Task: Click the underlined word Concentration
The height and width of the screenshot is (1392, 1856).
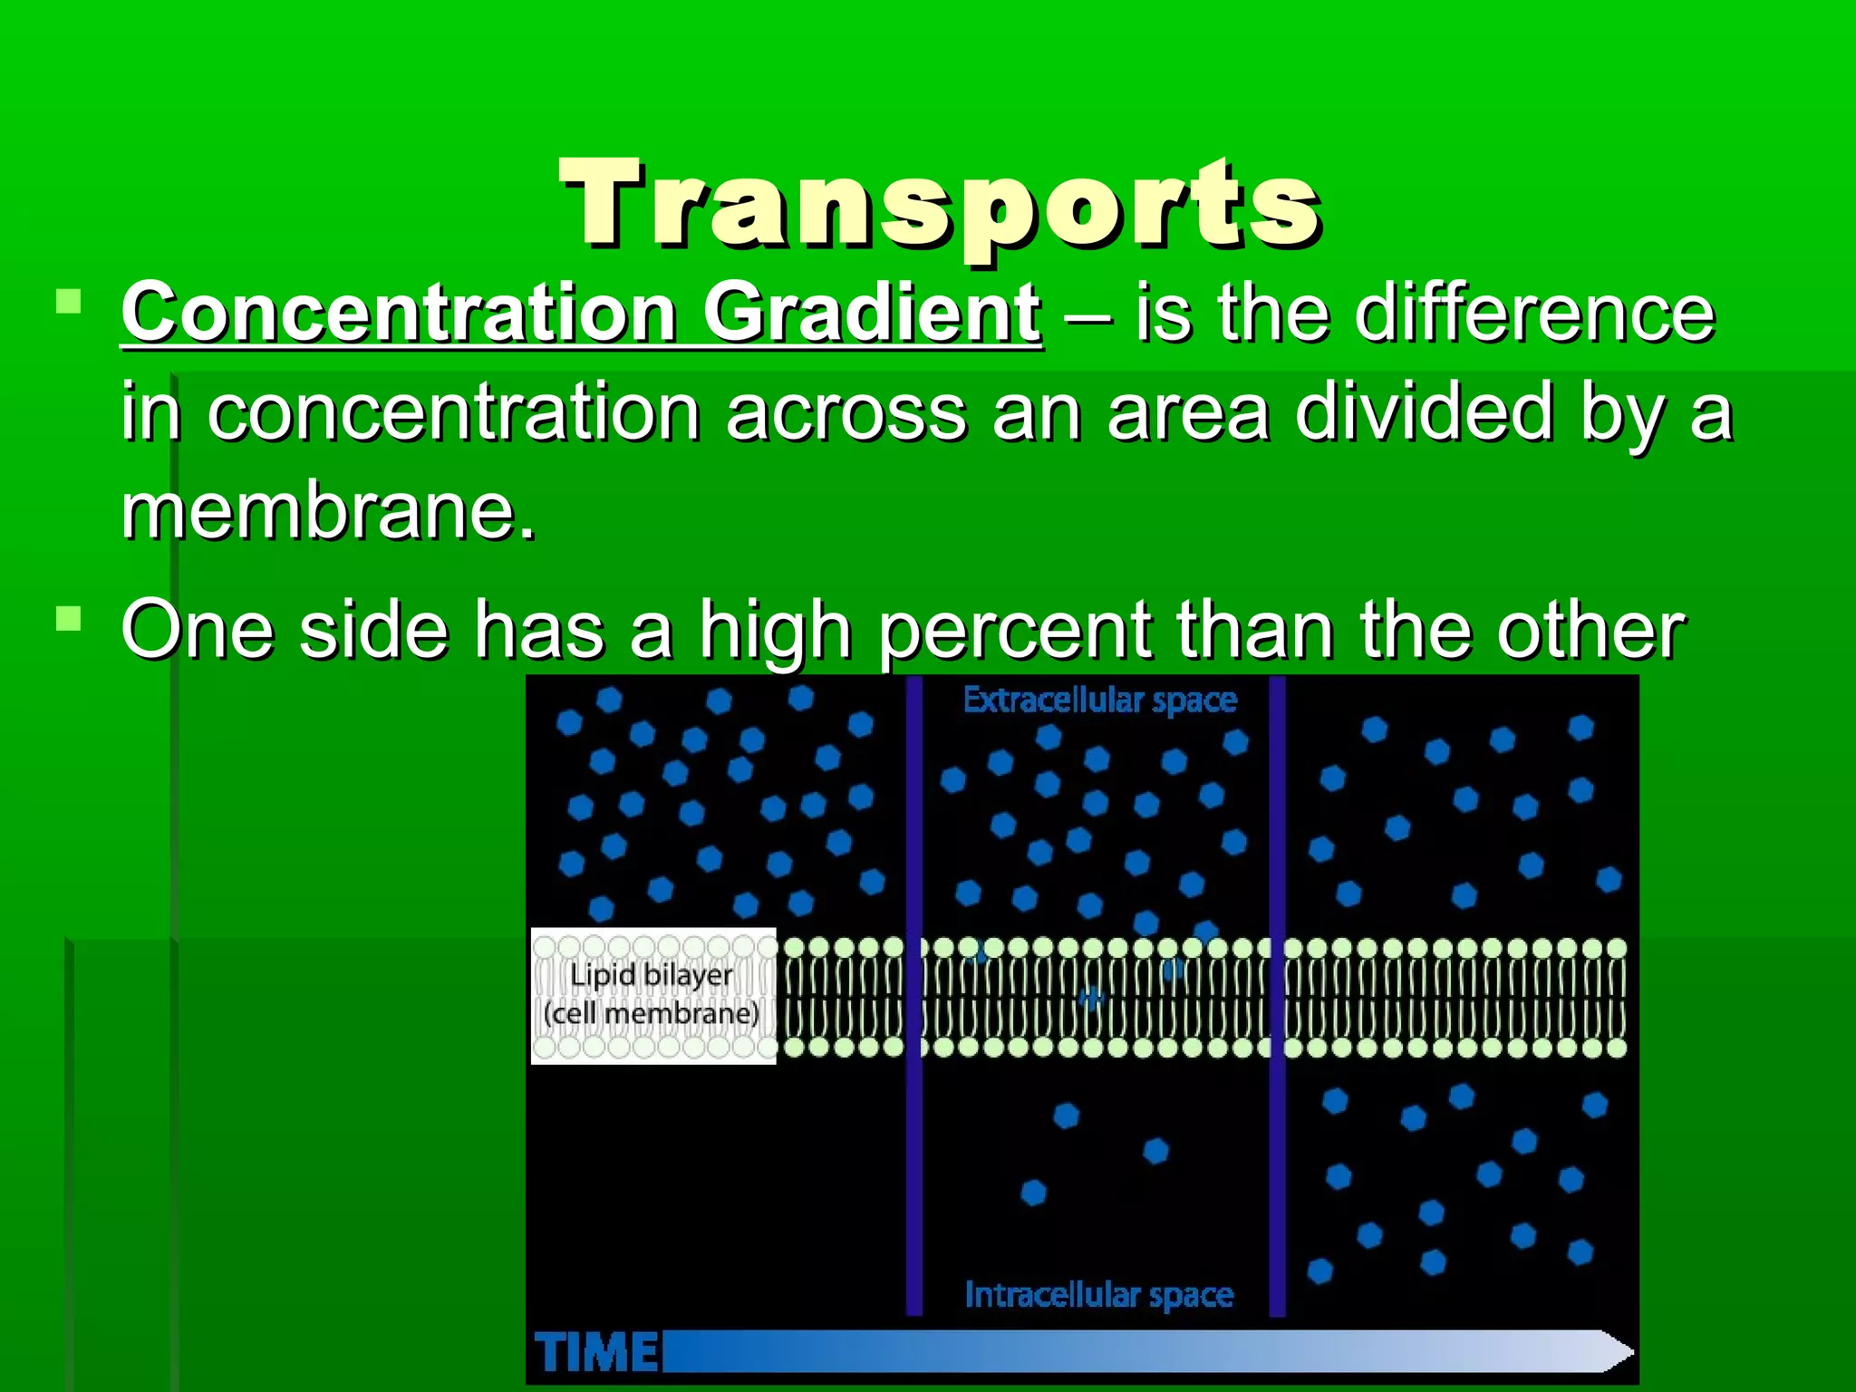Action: pos(400,313)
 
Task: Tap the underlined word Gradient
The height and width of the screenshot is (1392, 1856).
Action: pos(871,313)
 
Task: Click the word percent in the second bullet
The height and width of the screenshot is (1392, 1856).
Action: pos(1015,632)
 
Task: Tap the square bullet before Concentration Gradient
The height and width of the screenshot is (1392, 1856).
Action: pos(68,301)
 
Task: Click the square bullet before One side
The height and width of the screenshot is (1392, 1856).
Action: pos(68,619)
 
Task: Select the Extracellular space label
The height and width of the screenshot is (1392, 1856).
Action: pos(1099,701)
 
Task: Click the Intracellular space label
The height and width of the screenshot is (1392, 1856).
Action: pos(1098,1294)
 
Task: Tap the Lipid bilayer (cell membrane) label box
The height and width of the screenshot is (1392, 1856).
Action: pos(652,995)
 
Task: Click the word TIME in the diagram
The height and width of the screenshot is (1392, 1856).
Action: pos(597,1353)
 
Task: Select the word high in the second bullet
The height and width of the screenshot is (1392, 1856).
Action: pos(775,632)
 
